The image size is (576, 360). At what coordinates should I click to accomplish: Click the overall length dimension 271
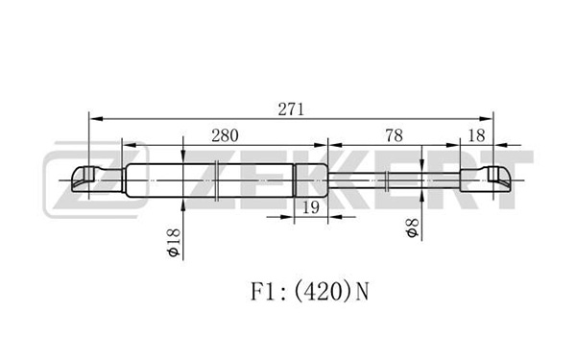[291, 109]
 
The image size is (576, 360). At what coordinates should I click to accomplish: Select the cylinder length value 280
[225, 135]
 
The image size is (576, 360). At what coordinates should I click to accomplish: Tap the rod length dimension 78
[394, 135]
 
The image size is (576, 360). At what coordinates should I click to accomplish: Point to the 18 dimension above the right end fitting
[477, 135]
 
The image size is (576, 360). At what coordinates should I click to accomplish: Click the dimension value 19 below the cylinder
[311, 207]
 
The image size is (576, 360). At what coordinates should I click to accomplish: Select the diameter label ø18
[174, 243]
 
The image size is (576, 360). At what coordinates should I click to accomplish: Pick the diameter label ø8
[412, 228]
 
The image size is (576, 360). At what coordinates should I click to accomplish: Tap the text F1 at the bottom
[262, 292]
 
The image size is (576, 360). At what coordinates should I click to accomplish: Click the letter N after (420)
[362, 292]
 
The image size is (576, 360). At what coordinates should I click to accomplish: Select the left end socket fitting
[97, 180]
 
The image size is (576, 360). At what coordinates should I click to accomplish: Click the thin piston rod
[394, 180]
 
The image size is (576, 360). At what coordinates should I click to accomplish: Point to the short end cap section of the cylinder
[311, 180]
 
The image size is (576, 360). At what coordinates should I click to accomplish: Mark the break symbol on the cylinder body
[217, 180]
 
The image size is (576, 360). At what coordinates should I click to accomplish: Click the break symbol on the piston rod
[387, 180]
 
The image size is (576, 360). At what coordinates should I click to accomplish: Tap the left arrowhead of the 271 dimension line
[96, 119]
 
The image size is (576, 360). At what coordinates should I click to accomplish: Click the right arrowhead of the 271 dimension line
[486, 119]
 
